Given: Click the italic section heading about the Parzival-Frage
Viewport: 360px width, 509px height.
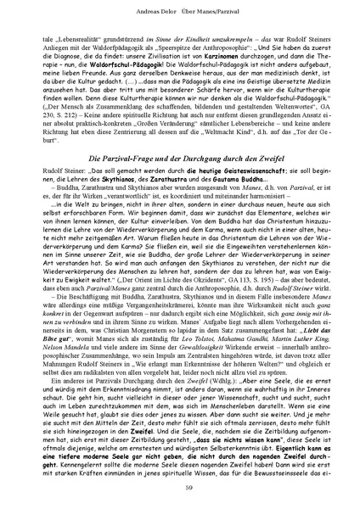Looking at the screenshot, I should tap(179, 183).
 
